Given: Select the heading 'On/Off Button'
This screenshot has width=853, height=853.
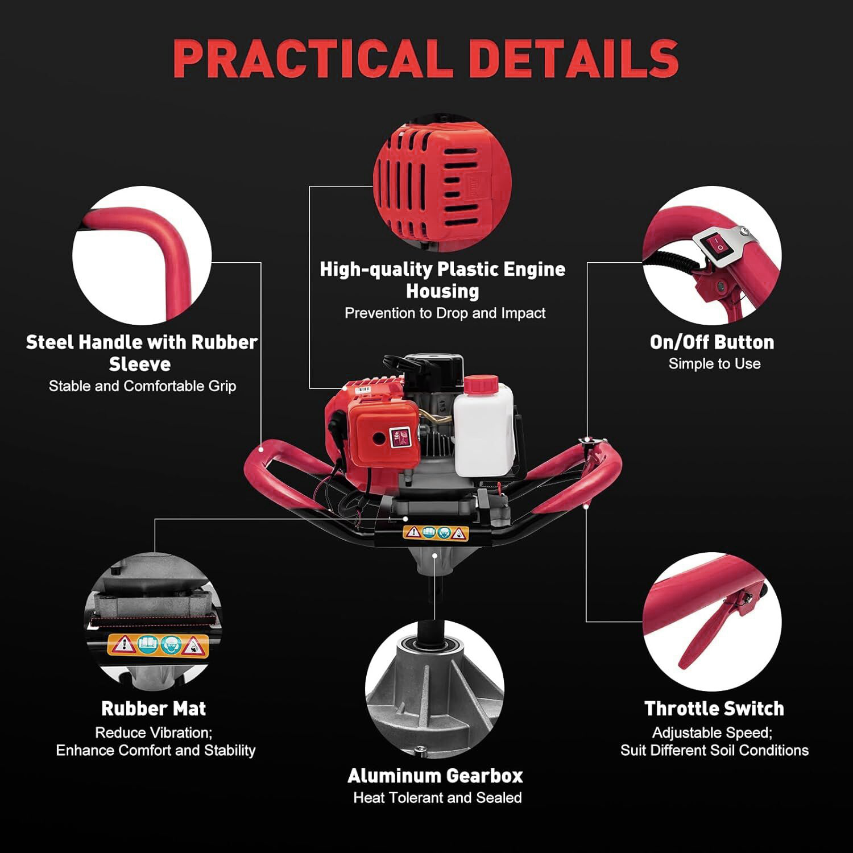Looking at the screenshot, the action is click(x=712, y=342).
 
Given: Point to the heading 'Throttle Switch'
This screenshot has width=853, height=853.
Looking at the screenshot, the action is click(x=714, y=709).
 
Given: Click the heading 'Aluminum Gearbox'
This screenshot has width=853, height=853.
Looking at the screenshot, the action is click(x=435, y=776).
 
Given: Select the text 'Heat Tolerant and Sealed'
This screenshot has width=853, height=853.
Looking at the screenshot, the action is click(x=437, y=798).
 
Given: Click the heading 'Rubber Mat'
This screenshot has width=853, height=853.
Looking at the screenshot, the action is click(x=154, y=709).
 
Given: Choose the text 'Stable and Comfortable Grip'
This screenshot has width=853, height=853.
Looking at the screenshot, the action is click(x=142, y=386).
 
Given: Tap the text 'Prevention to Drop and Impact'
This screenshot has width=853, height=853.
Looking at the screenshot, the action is click(x=445, y=313).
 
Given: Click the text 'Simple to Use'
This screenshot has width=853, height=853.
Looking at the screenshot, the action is click(x=714, y=364).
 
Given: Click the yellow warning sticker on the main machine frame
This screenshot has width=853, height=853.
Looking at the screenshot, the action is click(x=436, y=533).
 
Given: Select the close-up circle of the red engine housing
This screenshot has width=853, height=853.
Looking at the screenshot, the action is click(x=442, y=183).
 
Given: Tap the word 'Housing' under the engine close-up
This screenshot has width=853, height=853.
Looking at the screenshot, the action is click(x=442, y=291).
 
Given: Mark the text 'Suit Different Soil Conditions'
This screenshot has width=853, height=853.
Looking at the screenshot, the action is click(x=714, y=751).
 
